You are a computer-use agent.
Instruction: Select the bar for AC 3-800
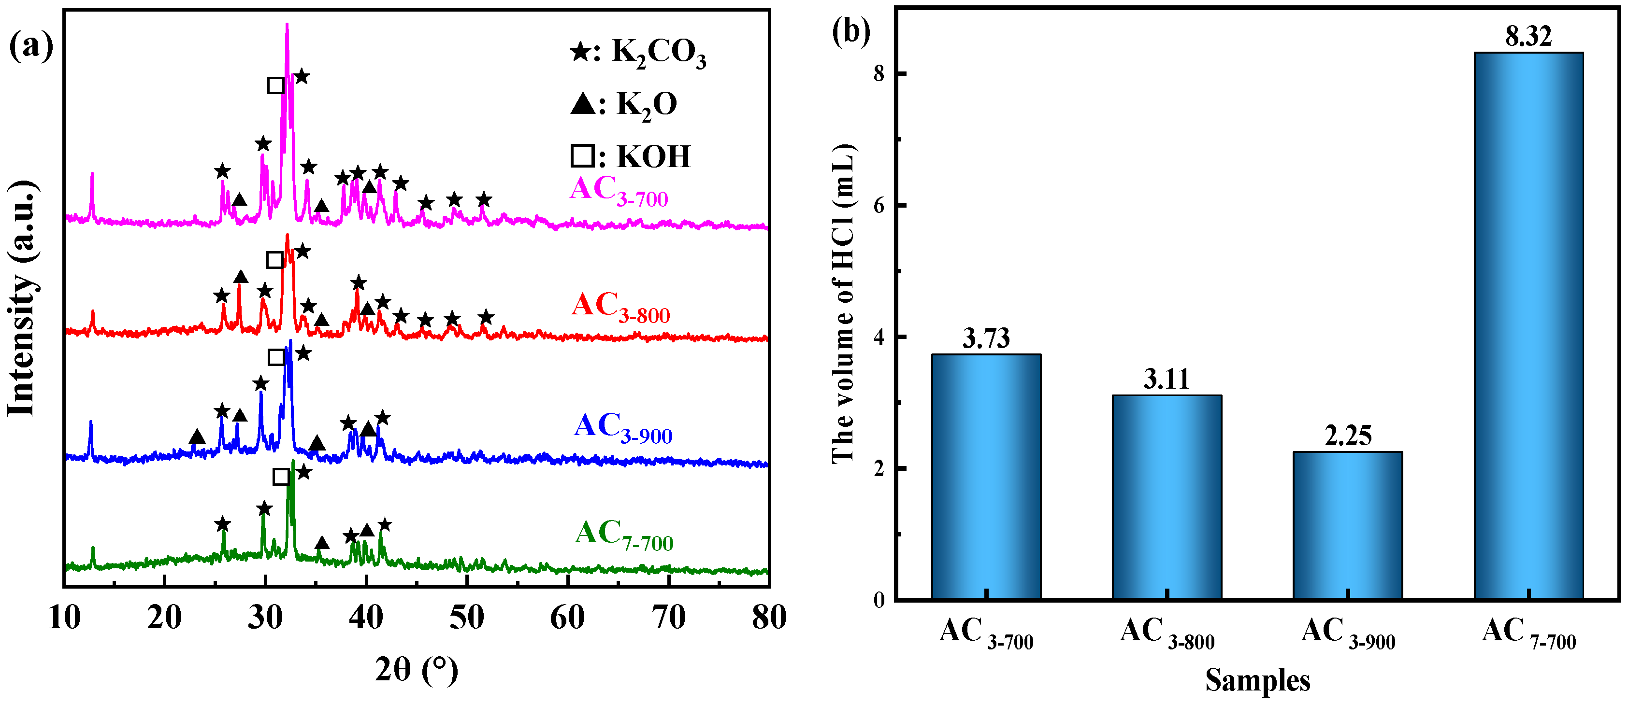click(x=1167, y=497)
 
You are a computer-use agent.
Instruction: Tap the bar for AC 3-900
click(x=1347, y=525)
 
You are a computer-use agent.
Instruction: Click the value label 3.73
click(x=986, y=339)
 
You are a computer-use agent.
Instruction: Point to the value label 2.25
click(x=1347, y=436)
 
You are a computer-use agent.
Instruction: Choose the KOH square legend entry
click(x=630, y=156)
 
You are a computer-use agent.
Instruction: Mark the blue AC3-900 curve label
click(x=622, y=427)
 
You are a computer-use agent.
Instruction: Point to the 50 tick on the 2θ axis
click(x=466, y=618)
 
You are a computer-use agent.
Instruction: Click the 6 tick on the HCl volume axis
click(x=879, y=206)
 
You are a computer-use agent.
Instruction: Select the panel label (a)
click(x=30, y=47)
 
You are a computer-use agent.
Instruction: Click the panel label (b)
click(x=850, y=31)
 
